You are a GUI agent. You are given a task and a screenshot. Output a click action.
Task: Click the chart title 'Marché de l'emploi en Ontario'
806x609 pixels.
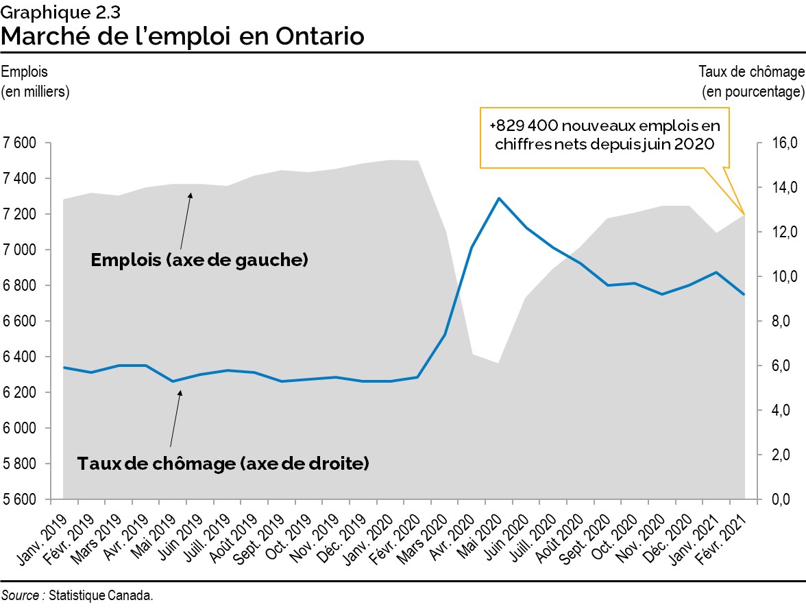pyautogui.click(x=182, y=36)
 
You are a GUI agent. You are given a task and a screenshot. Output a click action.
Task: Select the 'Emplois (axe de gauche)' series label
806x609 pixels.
pyautogui.click(x=199, y=260)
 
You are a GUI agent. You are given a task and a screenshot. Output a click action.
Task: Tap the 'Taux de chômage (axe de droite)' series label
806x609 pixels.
pyautogui.click(x=223, y=464)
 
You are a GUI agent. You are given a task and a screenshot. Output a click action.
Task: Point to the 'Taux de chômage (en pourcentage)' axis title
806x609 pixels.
pyautogui.click(x=750, y=81)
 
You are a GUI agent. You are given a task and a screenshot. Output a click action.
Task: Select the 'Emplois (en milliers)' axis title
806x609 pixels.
pyautogui.click(x=36, y=81)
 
